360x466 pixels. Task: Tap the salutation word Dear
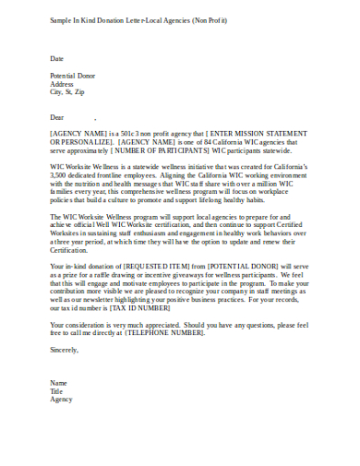[x=58, y=117]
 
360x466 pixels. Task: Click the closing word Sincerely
[x=65, y=349]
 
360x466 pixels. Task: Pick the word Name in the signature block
[x=58, y=382]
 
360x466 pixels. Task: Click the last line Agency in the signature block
[x=61, y=400]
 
